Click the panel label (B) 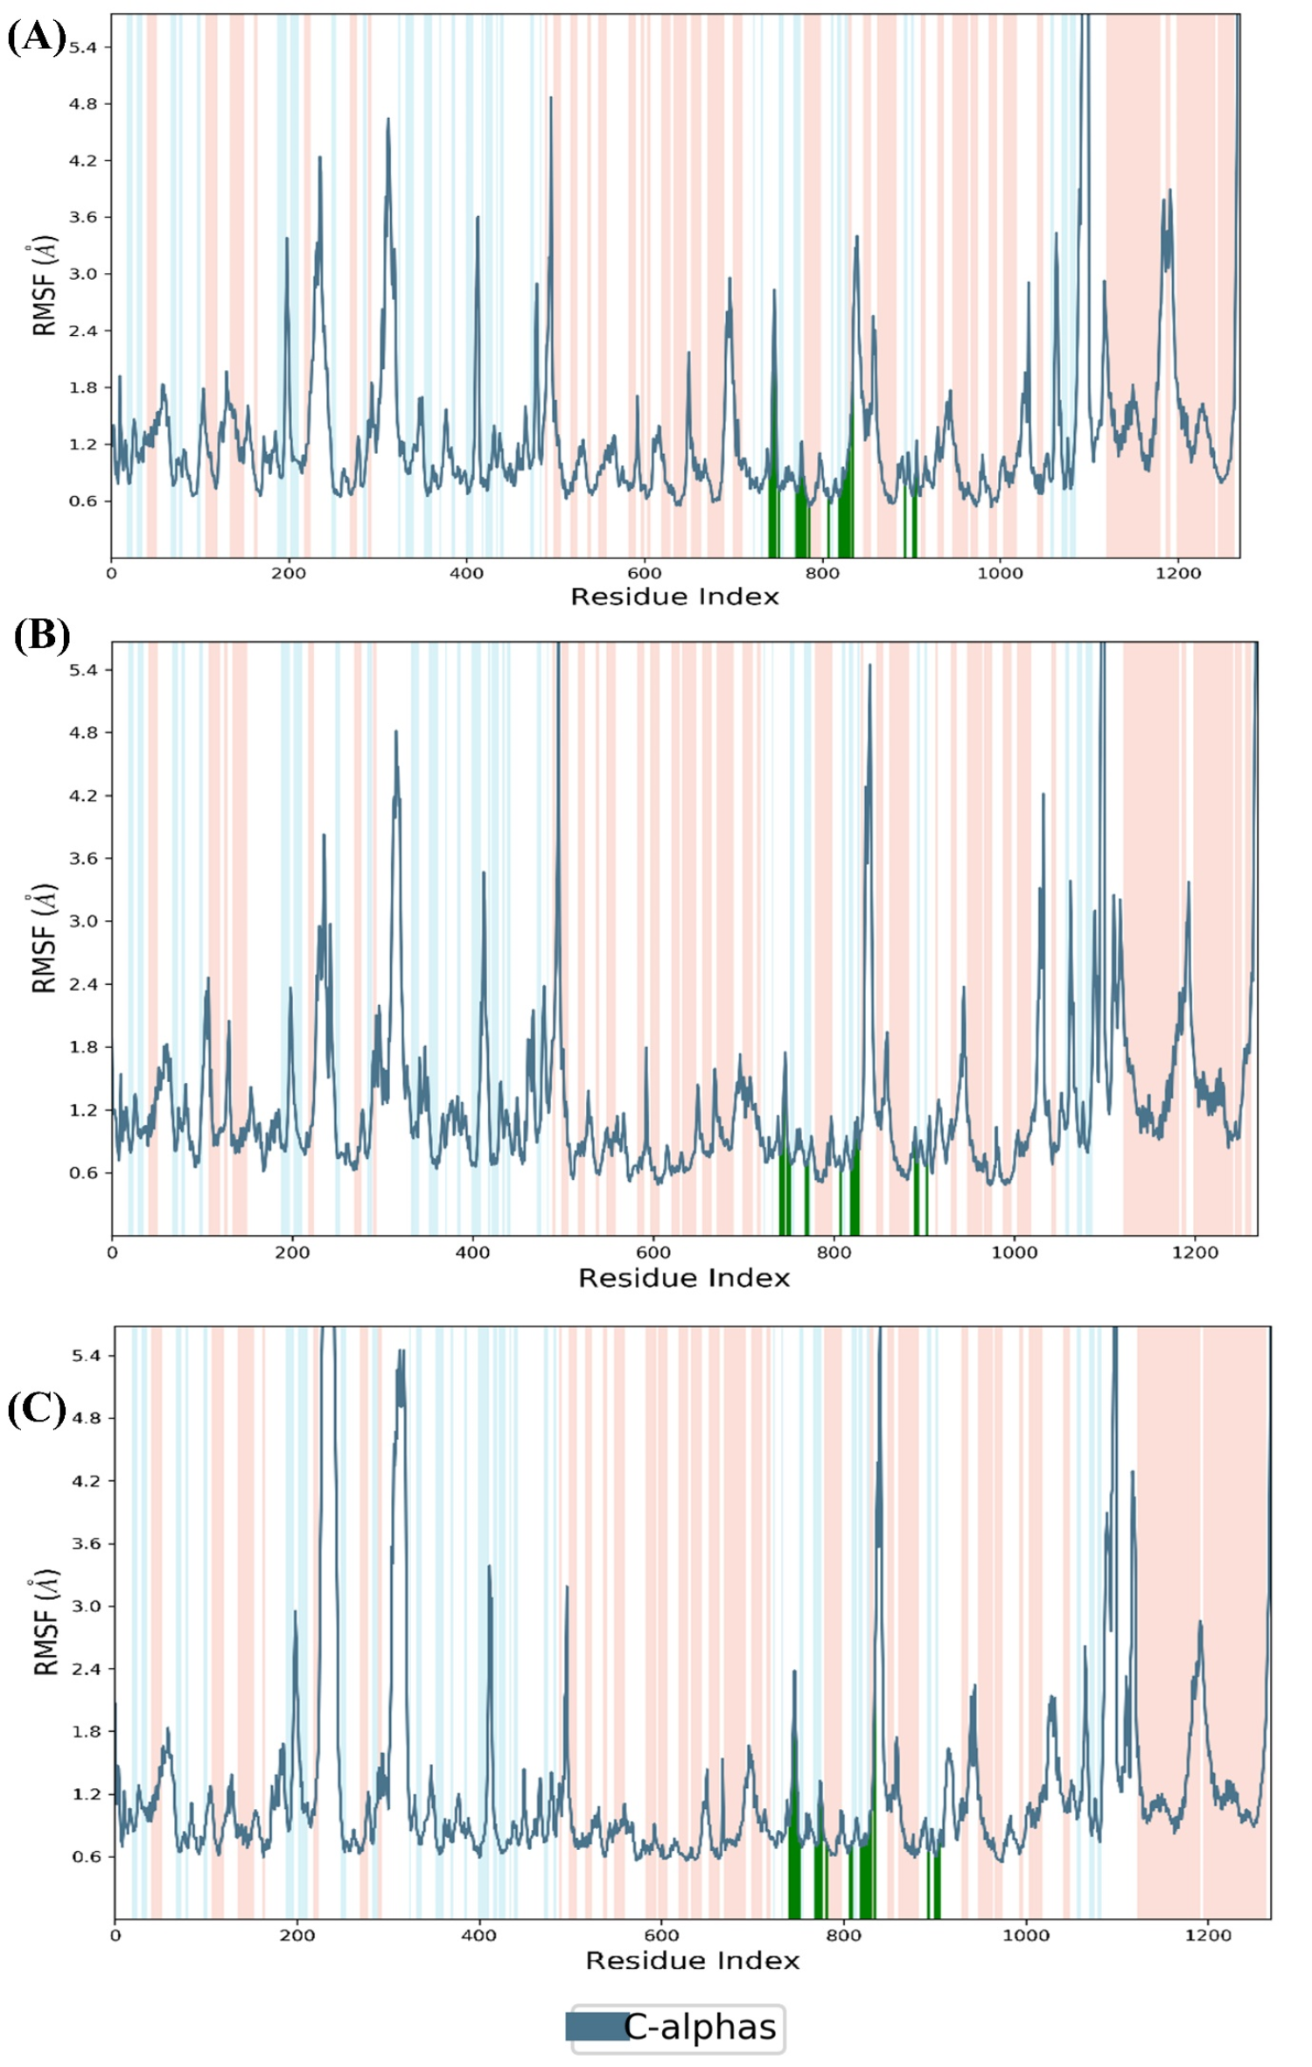click(x=41, y=636)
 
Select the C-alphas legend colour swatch click(x=596, y=2026)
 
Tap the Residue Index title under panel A click(x=673, y=597)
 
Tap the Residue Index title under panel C click(x=692, y=1960)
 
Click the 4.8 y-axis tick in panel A click(x=83, y=104)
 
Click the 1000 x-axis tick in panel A click(x=999, y=574)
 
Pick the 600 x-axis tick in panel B click(x=653, y=1253)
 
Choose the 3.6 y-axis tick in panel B click(x=83, y=859)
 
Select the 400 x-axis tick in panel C click(x=478, y=1935)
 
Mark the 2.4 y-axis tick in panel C click(x=86, y=1669)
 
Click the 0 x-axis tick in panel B click(x=112, y=1253)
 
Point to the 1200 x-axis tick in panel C click(x=1207, y=1935)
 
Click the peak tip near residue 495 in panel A click(x=550, y=98)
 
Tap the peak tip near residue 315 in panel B click(x=395, y=731)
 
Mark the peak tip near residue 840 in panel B click(x=869, y=666)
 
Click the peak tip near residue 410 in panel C click(x=488, y=1566)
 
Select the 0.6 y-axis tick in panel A click(x=83, y=501)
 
